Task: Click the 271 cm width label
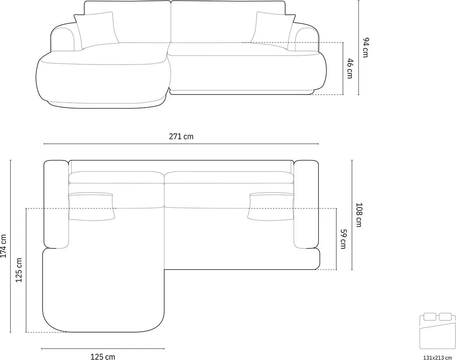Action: [181, 136]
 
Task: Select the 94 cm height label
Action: [365, 48]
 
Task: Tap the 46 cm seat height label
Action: [350, 68]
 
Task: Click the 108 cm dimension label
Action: [358, 215]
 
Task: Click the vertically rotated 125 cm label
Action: [19, 270]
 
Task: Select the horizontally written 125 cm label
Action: [103, 356]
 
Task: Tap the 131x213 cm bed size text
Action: [438, 357]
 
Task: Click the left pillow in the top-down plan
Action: [91, 206]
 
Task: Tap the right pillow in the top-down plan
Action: [270, 206]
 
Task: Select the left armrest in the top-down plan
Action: [56, 204]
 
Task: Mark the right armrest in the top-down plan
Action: [306, 204]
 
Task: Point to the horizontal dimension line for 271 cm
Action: [181, 144]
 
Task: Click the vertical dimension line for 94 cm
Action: [359, 48]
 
